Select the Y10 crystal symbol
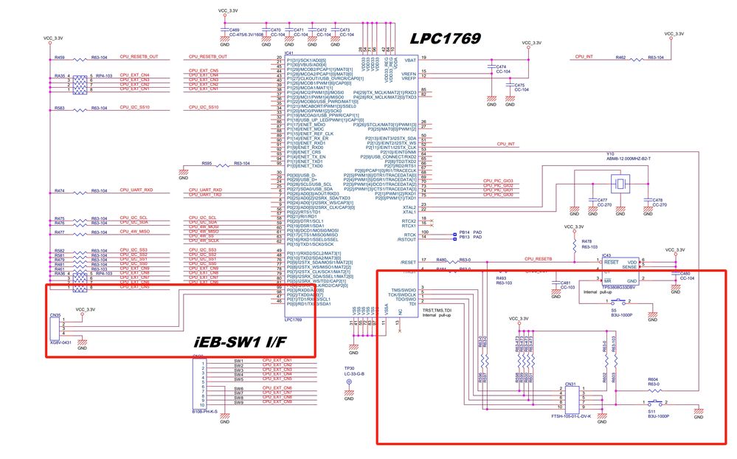tap(621, 184)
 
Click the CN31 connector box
tap(572, 399)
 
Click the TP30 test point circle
tap(349, 382)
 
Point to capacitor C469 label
tap(235, 29)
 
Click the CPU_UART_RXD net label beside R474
tap(136, 190)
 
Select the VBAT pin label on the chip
tap(409, 58)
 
